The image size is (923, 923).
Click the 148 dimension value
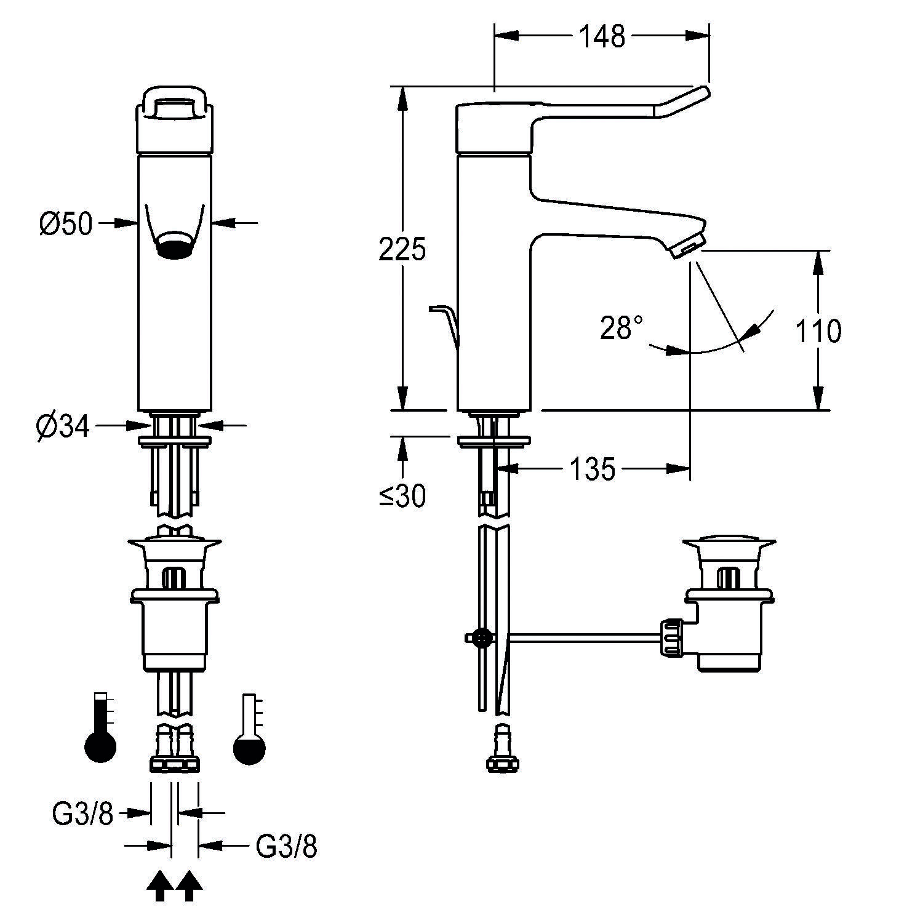pyautogui.click(x=602, y=37)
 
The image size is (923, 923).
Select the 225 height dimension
pyautogui.click(x=402, y=250)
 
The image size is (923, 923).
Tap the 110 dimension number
pyautogui.click(x=818, y=330)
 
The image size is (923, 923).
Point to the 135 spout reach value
pyautogui.click(x=592, y=470)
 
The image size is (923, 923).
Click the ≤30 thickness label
pyautogui.click(x=402, y=496)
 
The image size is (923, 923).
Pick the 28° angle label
pyautogui.click(x=621, y=328)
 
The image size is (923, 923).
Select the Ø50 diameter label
pyautogui.click(x=66, y=225)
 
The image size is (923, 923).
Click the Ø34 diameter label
pyautogui.click(x=63, y=426)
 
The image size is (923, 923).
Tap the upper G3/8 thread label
pyautogui.click(x=83, y=815)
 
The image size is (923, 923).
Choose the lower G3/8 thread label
pyautogui.click(x=286, y=847)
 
